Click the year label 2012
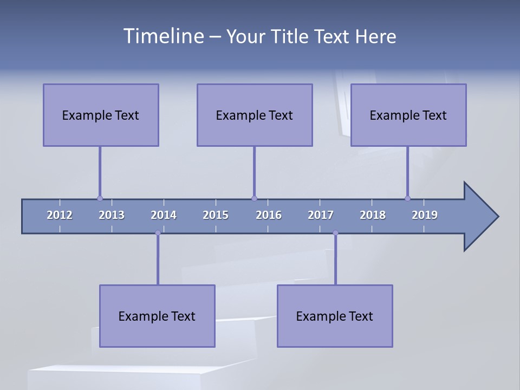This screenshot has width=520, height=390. (x=60, y=215)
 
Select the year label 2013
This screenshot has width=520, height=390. (x=112, y=215)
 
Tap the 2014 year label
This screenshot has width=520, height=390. (x=164, y=215)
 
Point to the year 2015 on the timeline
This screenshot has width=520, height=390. (x=216, y=215)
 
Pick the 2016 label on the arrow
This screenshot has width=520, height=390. (x=269, y=215)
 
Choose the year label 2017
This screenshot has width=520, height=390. (x=321, y=215)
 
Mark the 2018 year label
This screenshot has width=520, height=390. (x=373, y=215)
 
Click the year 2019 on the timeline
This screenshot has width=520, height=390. (x=425, y=215)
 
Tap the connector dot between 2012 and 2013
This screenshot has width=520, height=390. (x=100, y=198)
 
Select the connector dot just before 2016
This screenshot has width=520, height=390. (x=254, y=198)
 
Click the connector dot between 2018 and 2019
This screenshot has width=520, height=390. (x=408, y=198)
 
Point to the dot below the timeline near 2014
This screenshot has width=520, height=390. (x=158, y=233)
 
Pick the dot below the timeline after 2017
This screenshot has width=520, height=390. (x=335, y=233)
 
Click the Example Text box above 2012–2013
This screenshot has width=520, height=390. (x=101, y=115)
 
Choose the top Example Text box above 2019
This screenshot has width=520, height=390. (x=408, y=115)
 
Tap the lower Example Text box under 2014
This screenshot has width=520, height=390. (x=157, y=316)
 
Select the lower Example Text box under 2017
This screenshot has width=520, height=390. (x=335, y=316)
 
